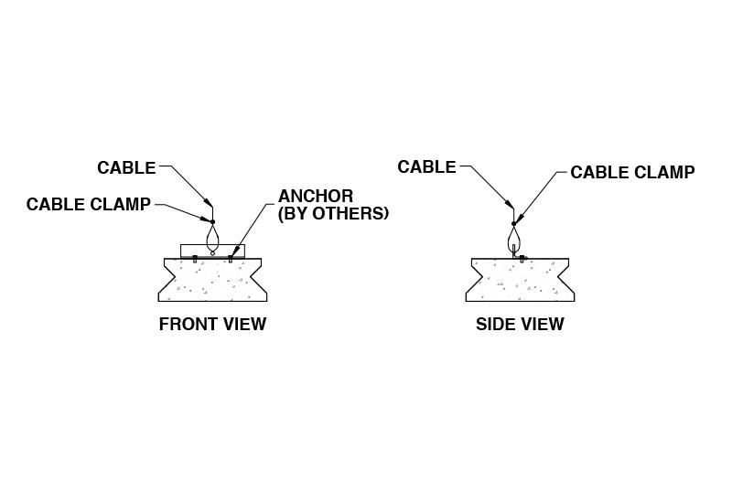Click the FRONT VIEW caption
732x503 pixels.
tap(212, 324)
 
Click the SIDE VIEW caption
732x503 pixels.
tap(520, 324)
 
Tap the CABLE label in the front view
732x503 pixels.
tap(126, 167)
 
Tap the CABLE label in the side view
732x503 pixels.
tap(426, 166)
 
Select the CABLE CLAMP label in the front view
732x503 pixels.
tap(88, 204)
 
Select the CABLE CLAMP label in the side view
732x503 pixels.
tap(632, 172)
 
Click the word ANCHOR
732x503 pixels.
tap(316, 197)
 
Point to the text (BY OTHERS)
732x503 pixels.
tap(333, 213)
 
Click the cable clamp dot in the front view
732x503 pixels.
tap(212, 221)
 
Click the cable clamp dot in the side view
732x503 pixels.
tap(513, 222)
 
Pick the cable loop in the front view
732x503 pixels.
tap(212, 238)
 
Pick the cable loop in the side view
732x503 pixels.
tap(513, 239)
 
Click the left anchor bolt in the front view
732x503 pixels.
tap(194, 259)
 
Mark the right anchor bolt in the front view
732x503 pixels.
tap(231, 259)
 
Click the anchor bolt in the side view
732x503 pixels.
tap(522, 259)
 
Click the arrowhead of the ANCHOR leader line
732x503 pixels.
tap(235, 251)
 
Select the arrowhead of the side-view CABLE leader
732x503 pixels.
tap(508, 205)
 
